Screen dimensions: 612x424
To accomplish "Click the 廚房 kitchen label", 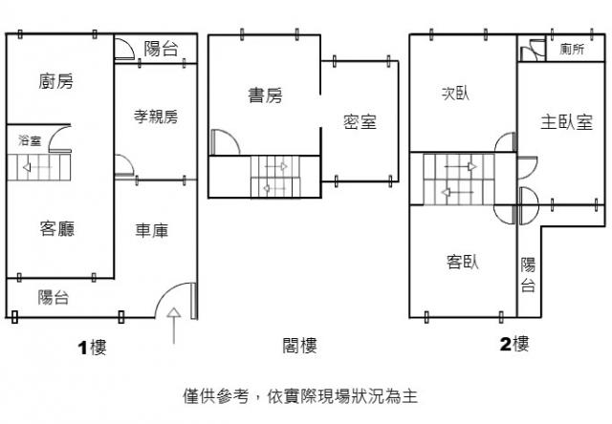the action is [55, 81].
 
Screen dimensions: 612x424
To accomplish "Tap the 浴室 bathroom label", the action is [30, 140].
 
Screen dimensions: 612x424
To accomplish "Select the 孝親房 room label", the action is [156, 117].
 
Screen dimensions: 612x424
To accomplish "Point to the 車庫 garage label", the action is [152, 231].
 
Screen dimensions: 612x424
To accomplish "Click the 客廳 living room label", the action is [57, 229].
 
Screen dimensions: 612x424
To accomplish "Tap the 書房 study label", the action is [266, 95].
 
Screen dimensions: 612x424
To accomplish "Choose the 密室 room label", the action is [360, 121].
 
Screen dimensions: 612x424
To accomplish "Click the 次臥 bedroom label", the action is [455, 94].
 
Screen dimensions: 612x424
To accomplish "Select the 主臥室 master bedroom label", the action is [567, 122].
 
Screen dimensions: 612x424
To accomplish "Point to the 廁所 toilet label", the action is [572, 49].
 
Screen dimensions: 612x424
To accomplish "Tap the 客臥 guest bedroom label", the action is [463, 262].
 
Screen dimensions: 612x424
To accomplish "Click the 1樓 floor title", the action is [92, 348].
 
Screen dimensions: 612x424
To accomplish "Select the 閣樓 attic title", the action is [299, 346].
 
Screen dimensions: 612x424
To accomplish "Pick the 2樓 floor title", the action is [514, 344].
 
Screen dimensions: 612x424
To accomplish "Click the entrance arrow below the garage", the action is [174, 326].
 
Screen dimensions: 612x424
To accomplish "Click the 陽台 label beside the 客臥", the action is [528, 275].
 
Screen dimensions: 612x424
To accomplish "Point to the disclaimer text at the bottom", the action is [300, 396].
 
